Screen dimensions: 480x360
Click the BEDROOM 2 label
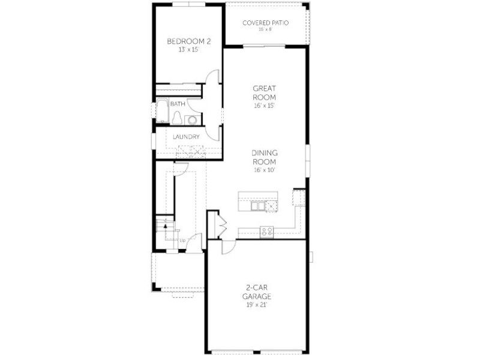click(x=189, y=41)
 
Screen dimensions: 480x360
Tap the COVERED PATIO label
click(x=265, y=23)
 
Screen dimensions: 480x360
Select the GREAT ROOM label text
click(x=265, y=93)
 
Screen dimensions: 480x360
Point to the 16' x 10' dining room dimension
click(x=265, y=170)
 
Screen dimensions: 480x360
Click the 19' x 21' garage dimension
click(x=257, y=305)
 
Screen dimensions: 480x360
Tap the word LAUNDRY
click(x=186, y=137)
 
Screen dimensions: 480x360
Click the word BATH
click(x=178, y=104)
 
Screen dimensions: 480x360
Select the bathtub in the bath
click(x=162, y=110)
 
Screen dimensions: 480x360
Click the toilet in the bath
click(x=177, y=118)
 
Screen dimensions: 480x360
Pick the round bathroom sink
click(x=193, y=119)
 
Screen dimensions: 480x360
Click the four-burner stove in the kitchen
click(x=266, y=232)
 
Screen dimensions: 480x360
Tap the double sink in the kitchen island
click(x=258, y=206)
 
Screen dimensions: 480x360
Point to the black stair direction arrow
click(x=166, y=226)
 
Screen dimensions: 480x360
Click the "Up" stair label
click(x=182, y=241)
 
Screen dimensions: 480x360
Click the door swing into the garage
click(x=229, y=247)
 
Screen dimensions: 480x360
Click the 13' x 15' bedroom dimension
click(x=189, y=50)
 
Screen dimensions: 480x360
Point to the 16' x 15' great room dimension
click(x=265, y=106)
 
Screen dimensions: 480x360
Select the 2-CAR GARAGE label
click(x=257, y=292)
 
